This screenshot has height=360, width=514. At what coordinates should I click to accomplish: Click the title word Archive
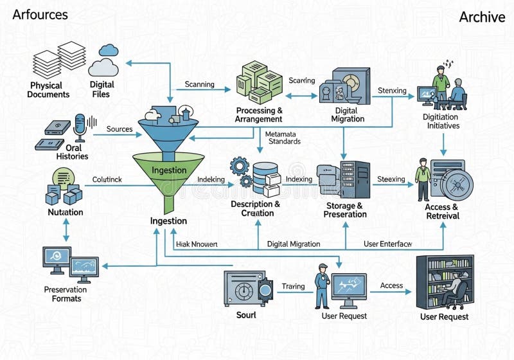point(482,17)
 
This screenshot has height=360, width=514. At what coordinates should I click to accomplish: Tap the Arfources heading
point(40,14)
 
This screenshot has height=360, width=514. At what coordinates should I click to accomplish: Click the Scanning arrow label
point(200,84)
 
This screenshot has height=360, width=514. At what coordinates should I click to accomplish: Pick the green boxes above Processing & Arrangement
point(259,82)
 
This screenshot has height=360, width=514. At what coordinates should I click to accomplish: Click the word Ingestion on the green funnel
point(169,170)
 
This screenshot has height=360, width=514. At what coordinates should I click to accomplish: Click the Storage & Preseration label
point(345,210)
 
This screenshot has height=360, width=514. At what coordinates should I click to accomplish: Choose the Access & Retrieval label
point(442,212)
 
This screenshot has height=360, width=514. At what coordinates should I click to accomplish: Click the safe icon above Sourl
point(245,289)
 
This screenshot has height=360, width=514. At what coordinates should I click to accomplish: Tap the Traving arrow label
point(294,286)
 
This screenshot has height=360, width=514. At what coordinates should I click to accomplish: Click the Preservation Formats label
point(66,294)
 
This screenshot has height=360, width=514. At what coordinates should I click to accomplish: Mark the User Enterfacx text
point(387,244)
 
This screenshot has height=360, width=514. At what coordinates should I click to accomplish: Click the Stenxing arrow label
point(392,91)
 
